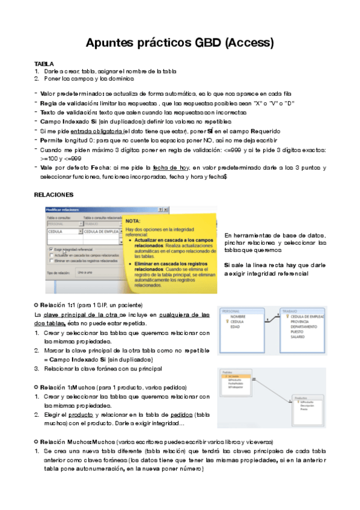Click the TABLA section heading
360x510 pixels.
(x=44, y=64)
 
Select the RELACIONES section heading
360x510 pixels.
(x=53, y=195)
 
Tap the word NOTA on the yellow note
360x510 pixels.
(x=133, y=221)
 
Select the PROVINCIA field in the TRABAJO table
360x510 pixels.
(x=300, y=321)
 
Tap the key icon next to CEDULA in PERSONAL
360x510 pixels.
(x=225, y=321)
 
